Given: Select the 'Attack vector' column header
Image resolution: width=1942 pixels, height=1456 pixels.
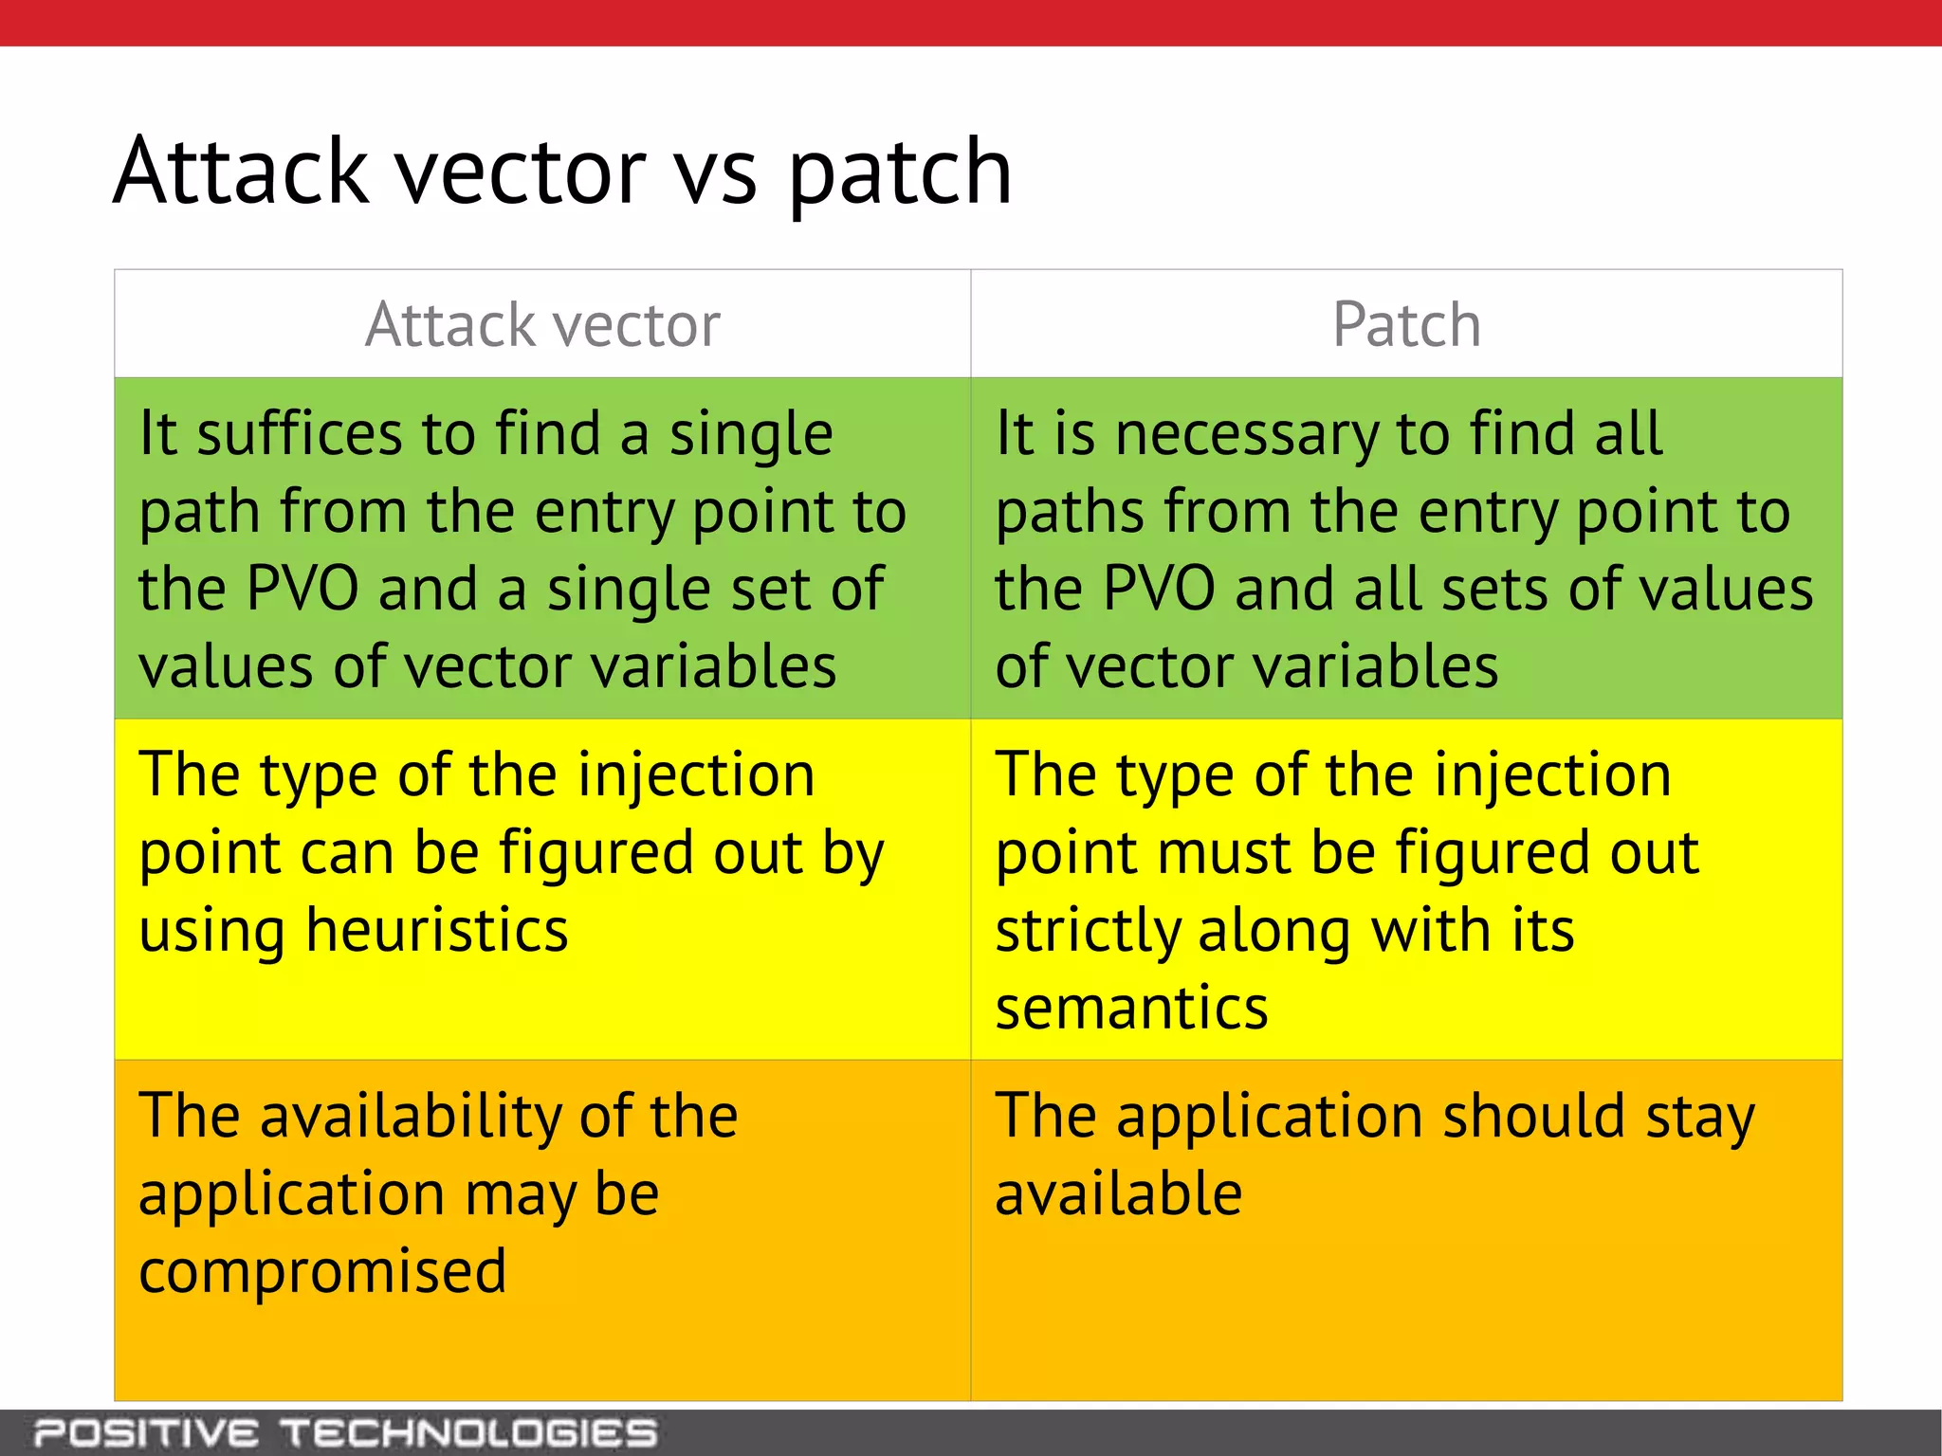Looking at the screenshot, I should click(542, 324).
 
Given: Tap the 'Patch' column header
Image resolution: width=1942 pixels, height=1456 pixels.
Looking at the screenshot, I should click(1406, 324).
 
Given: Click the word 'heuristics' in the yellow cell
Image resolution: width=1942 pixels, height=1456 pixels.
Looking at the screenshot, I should click(436, 930).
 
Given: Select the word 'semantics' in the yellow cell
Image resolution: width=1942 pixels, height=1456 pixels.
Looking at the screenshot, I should click(1131, 1008).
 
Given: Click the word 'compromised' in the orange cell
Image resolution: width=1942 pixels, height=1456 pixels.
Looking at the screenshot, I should click(322, 1272).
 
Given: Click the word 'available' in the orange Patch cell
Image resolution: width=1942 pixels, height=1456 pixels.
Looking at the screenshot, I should click(1118, 1193).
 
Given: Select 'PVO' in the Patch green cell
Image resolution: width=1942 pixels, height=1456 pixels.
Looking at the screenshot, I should click(1160, 589).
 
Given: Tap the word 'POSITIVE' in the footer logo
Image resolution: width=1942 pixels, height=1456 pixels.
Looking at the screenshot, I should click(145, 1432).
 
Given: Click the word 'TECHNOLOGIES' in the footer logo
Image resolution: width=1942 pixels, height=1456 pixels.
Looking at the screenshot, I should click(469, 1432).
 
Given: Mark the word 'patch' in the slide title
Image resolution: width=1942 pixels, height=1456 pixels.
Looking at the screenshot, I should click(900, 173).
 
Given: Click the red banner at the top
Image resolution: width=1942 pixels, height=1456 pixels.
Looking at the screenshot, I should click(971, 22).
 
